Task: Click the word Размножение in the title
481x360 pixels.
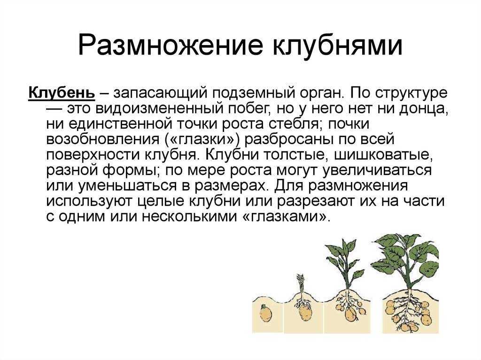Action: tap(170, 46)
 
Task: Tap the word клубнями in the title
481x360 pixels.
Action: tap(337, 46)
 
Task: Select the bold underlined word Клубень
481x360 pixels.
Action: tap(62, 92)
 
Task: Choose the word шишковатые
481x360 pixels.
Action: tap(383, 155)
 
